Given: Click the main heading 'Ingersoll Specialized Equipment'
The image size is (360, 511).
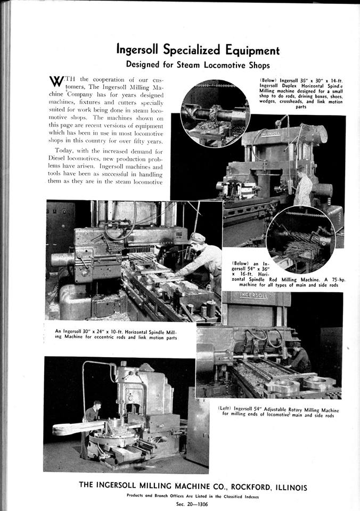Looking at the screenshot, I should pos(198,50).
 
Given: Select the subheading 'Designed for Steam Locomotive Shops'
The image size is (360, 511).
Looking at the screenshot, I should pos(198,64).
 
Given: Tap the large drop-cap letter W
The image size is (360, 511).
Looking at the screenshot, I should pos(56,81).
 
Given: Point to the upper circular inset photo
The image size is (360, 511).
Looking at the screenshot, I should pos(215,113).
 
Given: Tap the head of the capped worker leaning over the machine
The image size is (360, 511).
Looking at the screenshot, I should pos(197,238).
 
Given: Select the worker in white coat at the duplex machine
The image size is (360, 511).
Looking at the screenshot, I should pos(304,186).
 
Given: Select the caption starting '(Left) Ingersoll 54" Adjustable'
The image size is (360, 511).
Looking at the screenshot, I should pos(278,413).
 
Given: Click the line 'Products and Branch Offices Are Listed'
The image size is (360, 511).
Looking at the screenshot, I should pos(193,496).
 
